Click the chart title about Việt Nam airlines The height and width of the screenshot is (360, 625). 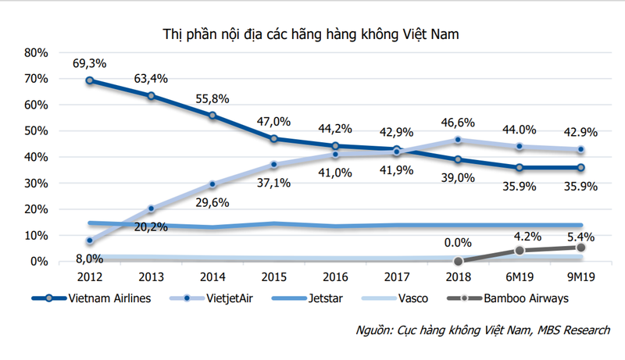(x=312, y=34)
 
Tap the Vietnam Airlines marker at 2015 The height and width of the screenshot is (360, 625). (x=273, y=139)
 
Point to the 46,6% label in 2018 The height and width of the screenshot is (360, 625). (x=457, y=123)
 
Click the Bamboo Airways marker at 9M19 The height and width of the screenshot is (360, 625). (x=580, y=248)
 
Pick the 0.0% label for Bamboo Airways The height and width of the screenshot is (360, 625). (x=456, y=243)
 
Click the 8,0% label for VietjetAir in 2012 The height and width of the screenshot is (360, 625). (x=89, y=258)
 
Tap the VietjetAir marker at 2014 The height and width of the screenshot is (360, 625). (x=212, y=184)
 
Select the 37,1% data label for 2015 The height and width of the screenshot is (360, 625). (x=275, y=182)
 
